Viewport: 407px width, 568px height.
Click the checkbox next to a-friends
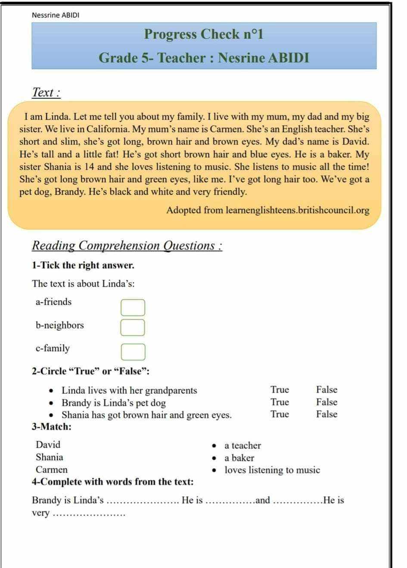(133, 308)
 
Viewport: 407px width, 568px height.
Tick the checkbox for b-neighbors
(133, 327)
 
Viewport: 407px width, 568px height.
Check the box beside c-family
(133, 352)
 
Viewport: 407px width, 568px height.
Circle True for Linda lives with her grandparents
(280, 390)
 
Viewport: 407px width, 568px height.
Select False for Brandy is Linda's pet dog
(326, 402)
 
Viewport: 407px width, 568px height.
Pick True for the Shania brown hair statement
(280, 414)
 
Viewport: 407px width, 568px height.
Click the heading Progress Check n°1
(203, 34)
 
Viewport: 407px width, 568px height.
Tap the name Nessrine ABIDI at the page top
(56, 15)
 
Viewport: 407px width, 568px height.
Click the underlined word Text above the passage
(46, 92)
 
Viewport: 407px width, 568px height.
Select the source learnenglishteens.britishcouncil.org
(297, 210)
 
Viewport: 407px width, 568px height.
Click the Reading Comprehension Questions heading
(127, 246)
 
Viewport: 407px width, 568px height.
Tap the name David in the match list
(48, 445)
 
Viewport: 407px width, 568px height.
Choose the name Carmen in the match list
(51, 470)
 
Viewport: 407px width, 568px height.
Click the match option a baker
(239, 458)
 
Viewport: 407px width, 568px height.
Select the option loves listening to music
(272, 470)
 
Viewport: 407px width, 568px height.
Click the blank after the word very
(89, 514)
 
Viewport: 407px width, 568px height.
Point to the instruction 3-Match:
(52, 427)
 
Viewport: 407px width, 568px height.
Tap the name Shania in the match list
(49, 457)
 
